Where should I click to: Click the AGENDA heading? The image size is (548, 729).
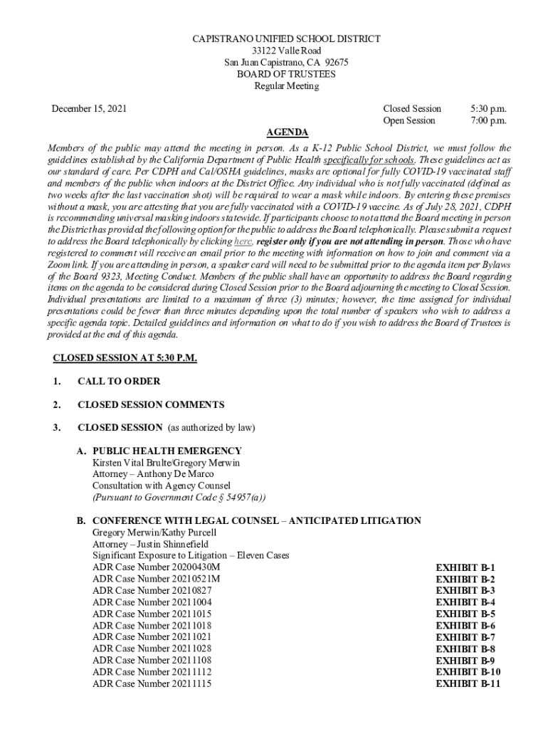[x=287, y=132]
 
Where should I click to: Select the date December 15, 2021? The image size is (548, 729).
[x=89, y=109]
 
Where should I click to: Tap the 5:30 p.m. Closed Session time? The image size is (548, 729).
[x=488, y=109]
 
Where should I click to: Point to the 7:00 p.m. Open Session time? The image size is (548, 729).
[x=488, y=120]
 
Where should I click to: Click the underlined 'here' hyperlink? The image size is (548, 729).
[x=243, y=241]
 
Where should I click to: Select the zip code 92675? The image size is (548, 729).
[x=335, y=63]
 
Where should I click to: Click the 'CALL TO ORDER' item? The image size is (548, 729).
[x=119, y=381]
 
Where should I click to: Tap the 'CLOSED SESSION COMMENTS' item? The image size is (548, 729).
[x=151, y=404]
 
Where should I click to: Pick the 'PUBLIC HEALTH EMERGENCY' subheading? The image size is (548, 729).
[x=167, y=451]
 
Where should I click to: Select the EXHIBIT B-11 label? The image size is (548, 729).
[x=468, y=683]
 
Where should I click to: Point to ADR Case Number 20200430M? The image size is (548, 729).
[x=157, y=567]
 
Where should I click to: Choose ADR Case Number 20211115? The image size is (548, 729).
[x=152, y=683]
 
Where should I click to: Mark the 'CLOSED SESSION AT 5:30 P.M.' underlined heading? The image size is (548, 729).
[x=125, y=357]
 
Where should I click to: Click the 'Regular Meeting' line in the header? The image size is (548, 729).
[x=287, y=86]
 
